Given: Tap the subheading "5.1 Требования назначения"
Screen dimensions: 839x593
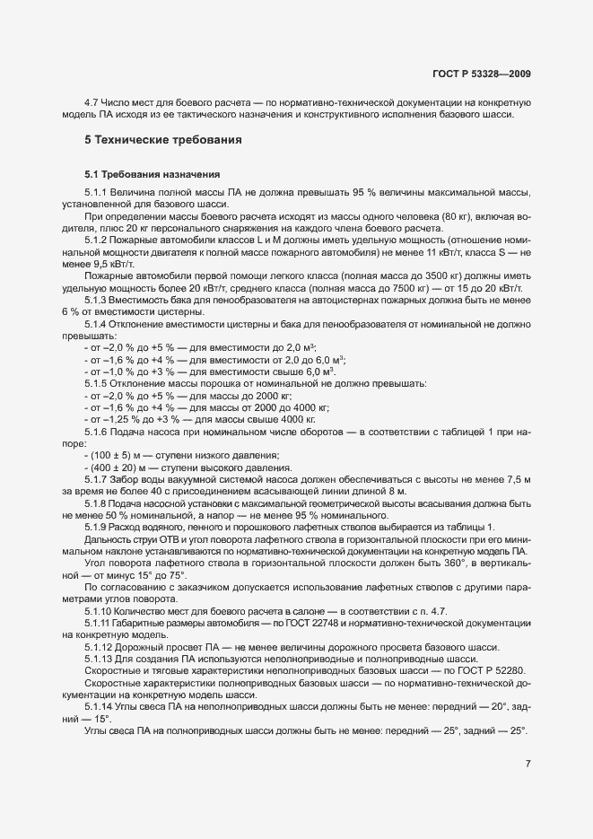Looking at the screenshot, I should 146,173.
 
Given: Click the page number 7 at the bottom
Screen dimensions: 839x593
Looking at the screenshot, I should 528,764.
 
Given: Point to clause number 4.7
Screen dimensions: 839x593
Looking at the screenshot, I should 91,103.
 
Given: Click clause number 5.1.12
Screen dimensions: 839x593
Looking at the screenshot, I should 100,646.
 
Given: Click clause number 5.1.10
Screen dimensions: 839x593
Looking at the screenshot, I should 100,608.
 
